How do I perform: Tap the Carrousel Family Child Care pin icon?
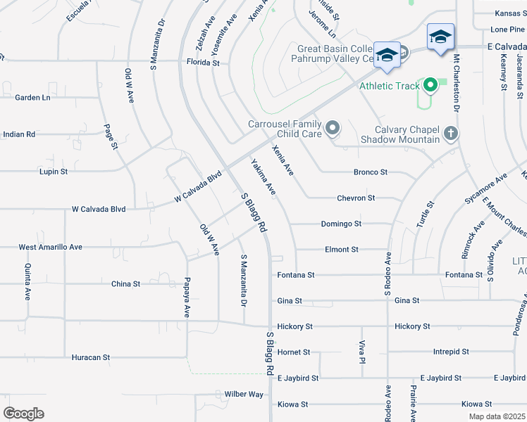pos(333,129)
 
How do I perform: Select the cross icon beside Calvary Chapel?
pos(451,133)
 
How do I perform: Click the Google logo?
pos(23,413)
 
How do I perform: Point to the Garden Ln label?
pos(32,98)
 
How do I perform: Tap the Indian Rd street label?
pos(19,134)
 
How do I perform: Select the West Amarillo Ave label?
pos(50,247)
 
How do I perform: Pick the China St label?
pos(125,284)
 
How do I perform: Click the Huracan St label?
pos(91,357)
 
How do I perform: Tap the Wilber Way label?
pos(244,395)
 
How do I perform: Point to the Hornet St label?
pos(294,352)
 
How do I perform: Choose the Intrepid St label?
pos(451,352)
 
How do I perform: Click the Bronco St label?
pos(371,172)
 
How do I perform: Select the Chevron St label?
pos(356,198)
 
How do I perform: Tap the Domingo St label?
pos(341,224)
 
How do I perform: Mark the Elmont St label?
pos(342,250)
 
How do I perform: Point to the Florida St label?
pos(203,63)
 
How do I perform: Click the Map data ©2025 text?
pos(496,416)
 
